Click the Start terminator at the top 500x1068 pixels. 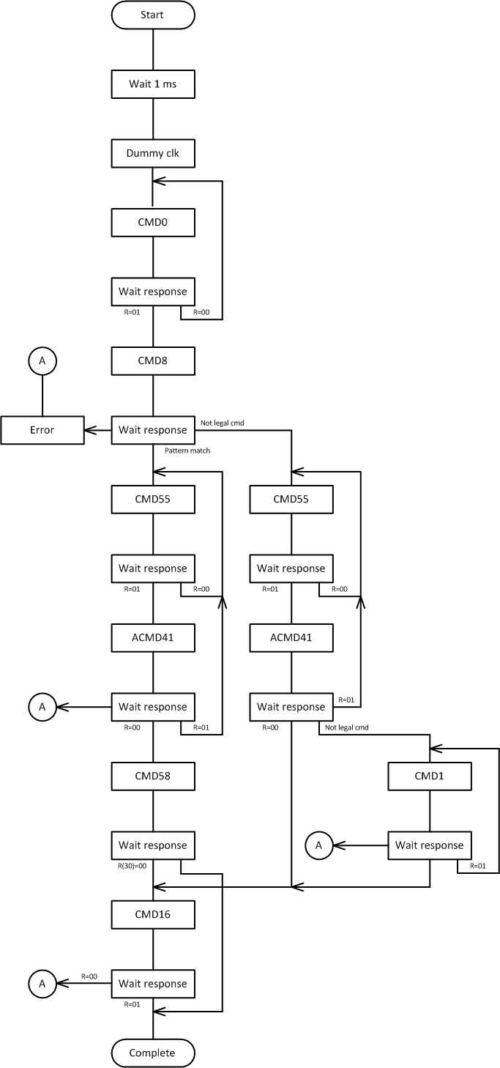pyautogui.click(x=153, y=15)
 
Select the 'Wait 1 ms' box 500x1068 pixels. pyautogui.click(x=153, y=84)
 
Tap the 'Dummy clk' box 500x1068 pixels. pyautogui.click(x=153, y=153)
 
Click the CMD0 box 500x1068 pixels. pyautogui.click(x=153, y=222)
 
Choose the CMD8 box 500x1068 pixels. pyautogui.click(x=153, y=360)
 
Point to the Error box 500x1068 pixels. pyautogui.click(x=42, y=430)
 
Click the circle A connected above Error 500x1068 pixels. pyautogui.click(x=42, y=360)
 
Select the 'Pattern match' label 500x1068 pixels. pyautogui.click(x=187, y=450)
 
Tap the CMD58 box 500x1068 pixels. pyautogui.click(x=153, y=776)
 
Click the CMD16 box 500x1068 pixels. pyautogui.click(x=153, y=914)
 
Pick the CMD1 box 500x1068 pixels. pyautogui.click(x=430, y=776)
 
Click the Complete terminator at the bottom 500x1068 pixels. pyautogui.click(x=153, y=1053)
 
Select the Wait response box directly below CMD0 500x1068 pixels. pyautogui.click(x=153, y=292)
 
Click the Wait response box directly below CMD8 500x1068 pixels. pyautogui.click(x=153, y=430)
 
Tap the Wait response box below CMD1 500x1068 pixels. pyautogui.click(x=430, y=845)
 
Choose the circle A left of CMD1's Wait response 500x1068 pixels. pyautogui.click(x=318, y=845)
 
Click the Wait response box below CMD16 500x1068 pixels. pyautogui.click(x=153, y=983)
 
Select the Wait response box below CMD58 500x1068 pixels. pyautogui.click(x=153, y=845)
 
